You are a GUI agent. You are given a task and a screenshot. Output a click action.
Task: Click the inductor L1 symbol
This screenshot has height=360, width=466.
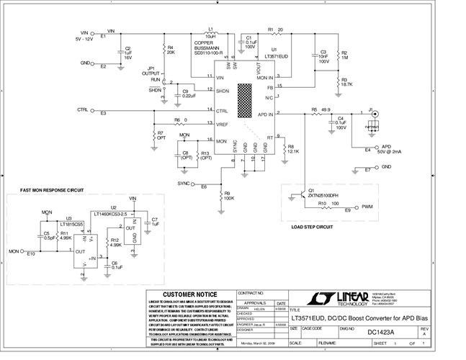click(210, 34)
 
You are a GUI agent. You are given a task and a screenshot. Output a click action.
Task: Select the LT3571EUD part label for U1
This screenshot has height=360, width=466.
click(277, 55)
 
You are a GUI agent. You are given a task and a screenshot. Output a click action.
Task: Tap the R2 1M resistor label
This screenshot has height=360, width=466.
click(344, 55)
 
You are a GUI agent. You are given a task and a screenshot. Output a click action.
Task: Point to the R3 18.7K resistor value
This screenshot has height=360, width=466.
click(347, 84)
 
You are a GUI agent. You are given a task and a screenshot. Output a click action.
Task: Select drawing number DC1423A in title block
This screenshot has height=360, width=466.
click(382, 332)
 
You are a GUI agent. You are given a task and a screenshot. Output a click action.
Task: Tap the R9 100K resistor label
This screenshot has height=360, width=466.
click(228, 195)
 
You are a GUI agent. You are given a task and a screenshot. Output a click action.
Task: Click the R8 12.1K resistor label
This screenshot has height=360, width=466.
click(292, 149)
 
